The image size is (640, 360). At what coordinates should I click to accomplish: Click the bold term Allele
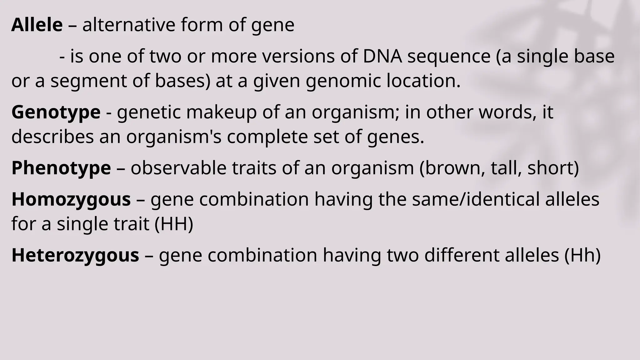pos(37,25)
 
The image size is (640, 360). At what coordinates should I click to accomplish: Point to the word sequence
pos(449,57)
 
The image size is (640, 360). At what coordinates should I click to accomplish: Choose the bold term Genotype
pos(56,112)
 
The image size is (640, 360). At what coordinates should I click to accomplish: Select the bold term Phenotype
pos(61,168)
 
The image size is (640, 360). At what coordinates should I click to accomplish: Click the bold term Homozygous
pos(71,199)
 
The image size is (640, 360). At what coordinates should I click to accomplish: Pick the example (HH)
pos(174,224)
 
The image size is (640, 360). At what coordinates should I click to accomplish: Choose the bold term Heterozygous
pos(75,255)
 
